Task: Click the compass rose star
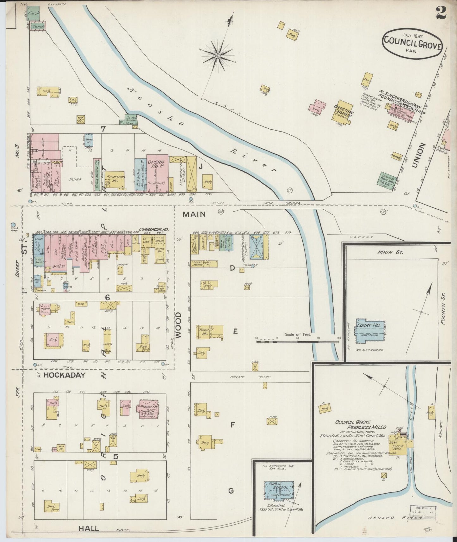(218, 56)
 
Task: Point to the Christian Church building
(342, 113)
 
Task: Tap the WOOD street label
(178, 325)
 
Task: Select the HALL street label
(89, 528)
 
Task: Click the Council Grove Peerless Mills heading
(361, 424)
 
